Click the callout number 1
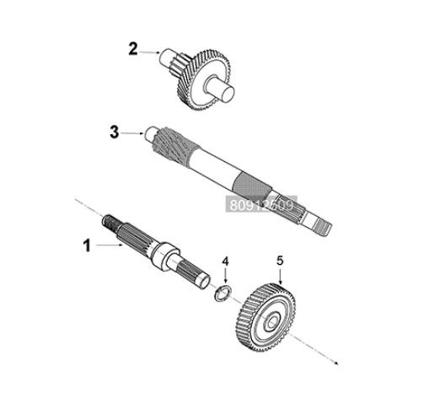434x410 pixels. (86, 246)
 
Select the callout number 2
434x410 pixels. (132, 49)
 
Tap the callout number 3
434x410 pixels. (115, 132)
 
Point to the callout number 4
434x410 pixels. (225, 262)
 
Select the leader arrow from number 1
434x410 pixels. (110, 245)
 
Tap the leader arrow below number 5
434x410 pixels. (281, 274)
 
